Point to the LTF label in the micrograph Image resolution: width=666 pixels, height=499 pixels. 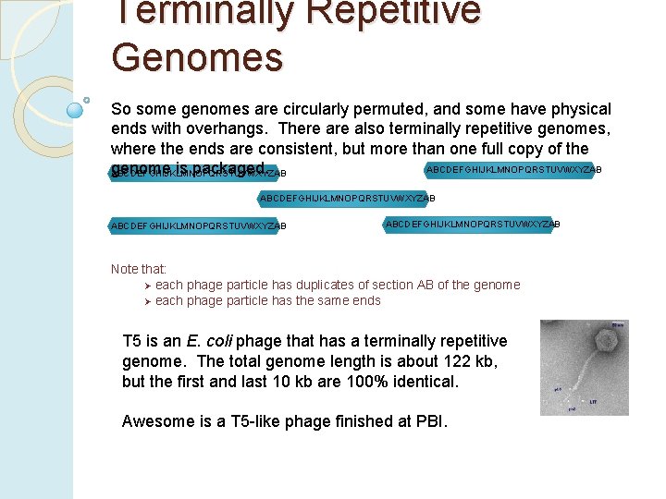593,401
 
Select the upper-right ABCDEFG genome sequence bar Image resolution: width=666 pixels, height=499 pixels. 513,170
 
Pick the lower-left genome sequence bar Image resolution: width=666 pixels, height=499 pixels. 199,225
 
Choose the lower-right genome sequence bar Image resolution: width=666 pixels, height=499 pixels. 472,224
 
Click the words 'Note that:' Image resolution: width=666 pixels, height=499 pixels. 139,269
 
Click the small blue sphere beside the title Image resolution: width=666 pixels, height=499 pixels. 76,110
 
